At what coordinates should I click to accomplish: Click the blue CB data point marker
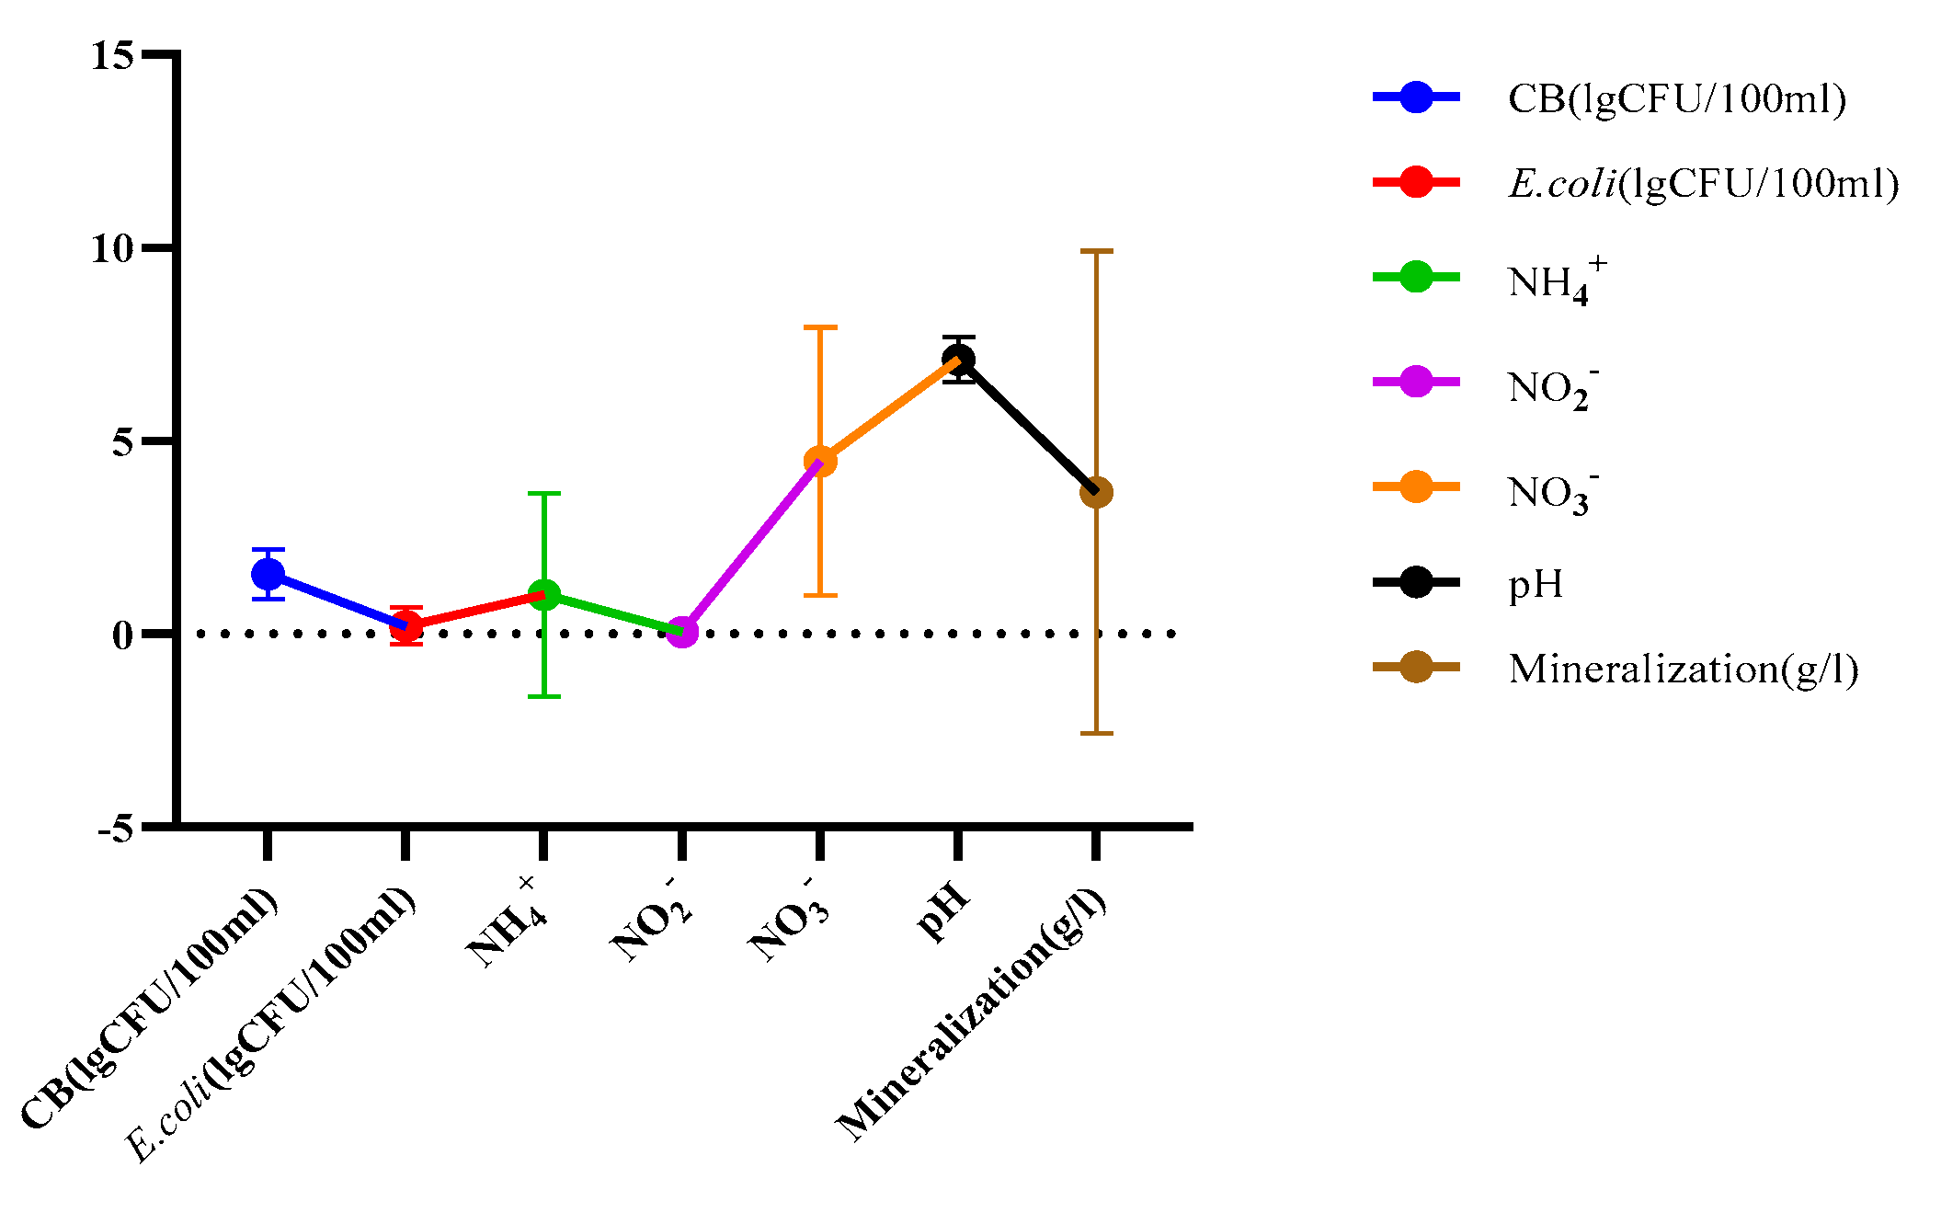pyautogui.click(x=268, y=575)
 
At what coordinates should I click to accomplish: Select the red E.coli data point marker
pyautogui.click(x=405, y=627)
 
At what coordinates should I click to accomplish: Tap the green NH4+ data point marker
pyautogui.click(x=544, y=595)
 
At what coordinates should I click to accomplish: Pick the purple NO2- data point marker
pyautogui.click(x=681, y=632)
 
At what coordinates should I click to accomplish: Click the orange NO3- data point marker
pyautogui.click(x=820, y=461)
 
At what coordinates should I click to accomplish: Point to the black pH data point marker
pyautogui.click(x=958, y=360)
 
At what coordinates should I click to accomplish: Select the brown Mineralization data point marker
pyautogui.click(x=1096, y=492)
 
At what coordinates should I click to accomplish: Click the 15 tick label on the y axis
pyautogui.click(x=112, y=56)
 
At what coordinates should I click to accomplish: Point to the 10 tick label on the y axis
pyautogui.click(x=112, y=248)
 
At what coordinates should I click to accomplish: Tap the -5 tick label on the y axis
pyautogui.click(x=116, y=829)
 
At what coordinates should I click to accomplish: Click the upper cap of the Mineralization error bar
pyautogui.click(x=1096, y=251)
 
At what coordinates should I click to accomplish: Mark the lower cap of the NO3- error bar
pyautogui.click(x=820, y=595)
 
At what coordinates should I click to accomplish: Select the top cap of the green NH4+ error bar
pyautogui.click(x=544, y=494)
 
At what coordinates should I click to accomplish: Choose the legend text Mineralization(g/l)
pyautogui.click(x=1683, y=669)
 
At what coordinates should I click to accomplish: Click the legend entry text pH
pyautogui.click(x=1536, y=584)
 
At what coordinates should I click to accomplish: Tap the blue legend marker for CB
pyautogui.click(x=1416, y=97)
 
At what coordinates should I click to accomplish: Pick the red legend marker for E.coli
pyautogui.click(x=1416, y=182)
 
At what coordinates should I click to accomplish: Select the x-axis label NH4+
pyautogui.click(x=505, y=924)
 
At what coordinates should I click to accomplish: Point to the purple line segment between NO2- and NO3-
pyautogui.click(x=750, y=546)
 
